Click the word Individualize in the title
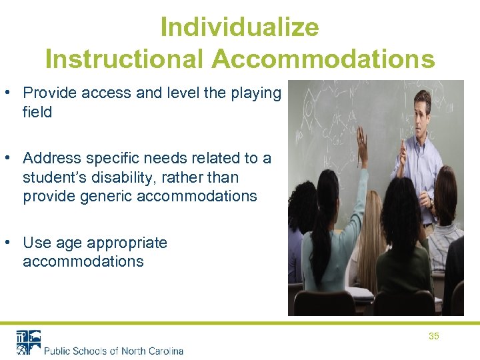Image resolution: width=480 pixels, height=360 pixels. pos(240,27)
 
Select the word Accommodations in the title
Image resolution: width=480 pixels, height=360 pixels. pos(323,59)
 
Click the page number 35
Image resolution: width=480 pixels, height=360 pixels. pos(433,337)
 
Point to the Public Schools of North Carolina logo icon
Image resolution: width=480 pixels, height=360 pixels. pos(29,342)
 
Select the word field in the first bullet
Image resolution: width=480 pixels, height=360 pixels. pos(37,112)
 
